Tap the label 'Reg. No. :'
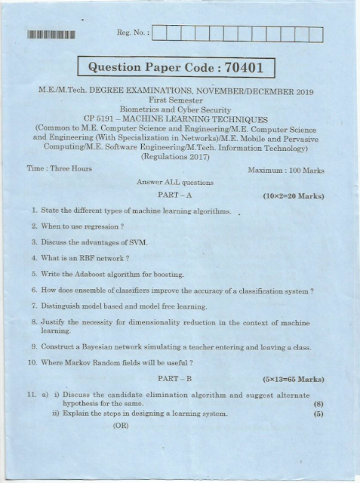coord(134,33)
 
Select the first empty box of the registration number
coord(162,33)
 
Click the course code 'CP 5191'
coord(99,119)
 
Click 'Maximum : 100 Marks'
coord(286,171)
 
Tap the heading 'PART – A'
coord(174,196)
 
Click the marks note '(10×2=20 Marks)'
coord(293,196)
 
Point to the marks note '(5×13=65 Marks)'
coord(293,378)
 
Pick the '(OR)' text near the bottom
coord(122,426)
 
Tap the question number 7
coord(34,306)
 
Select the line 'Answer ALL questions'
coord(175,183)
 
